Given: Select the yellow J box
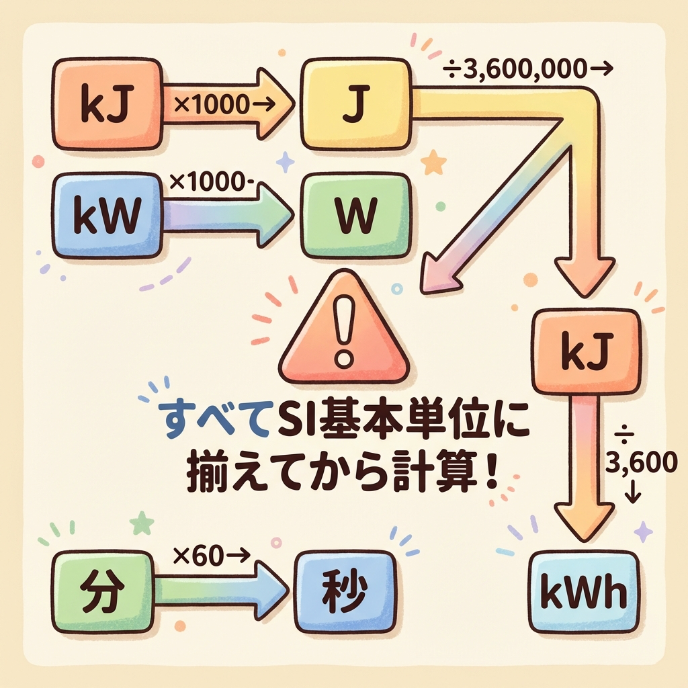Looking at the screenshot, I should [356, 104].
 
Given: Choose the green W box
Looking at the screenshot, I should [356, 215].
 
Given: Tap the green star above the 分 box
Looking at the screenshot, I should [142, 523].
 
